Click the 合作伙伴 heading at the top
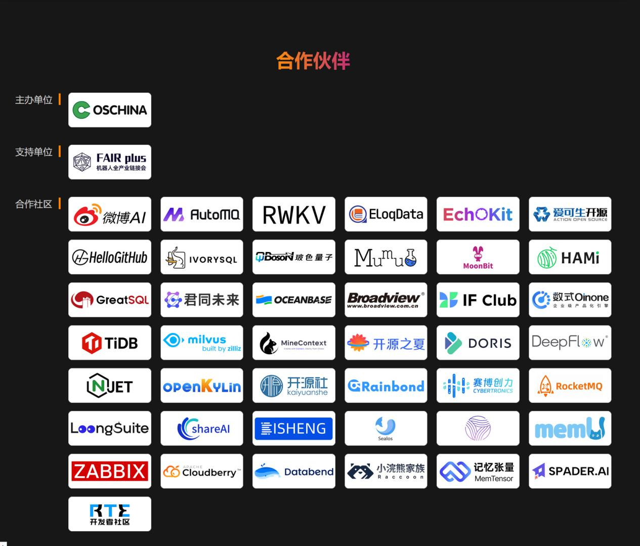(313, 61)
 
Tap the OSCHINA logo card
(110, 110)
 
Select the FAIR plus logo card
(110, 162)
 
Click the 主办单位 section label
(34, 100)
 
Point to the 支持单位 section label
(34, 152)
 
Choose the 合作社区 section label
(34, 204)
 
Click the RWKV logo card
(294, 214)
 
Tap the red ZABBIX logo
(110, 471)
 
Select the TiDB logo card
(110, 343)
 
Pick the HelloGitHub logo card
(110, 257)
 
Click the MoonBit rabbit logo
(478, 257)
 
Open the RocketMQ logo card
(570, 386)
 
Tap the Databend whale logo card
(294, 471)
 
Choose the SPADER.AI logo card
(570, 471)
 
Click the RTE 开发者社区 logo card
(110, 514)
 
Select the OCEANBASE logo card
(294, 300)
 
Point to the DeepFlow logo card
(570, 343)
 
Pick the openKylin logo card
(202, 386)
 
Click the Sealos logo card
(386, 428)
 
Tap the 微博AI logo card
(110, 214)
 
